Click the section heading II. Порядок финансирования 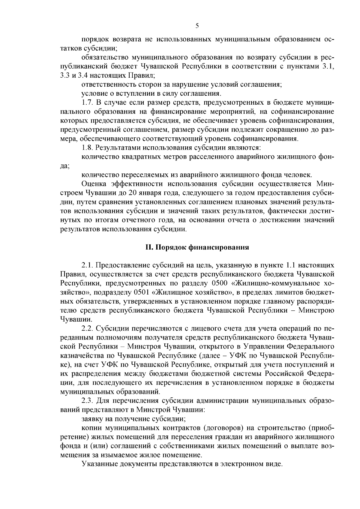[x=197, y=247]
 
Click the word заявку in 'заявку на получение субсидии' [x=91, y=419]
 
